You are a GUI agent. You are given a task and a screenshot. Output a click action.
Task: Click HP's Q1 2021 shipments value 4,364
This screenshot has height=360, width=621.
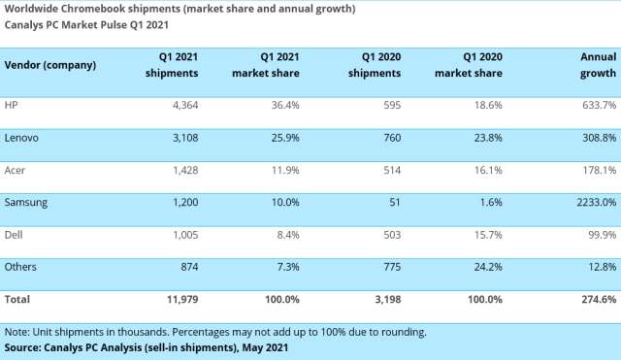pos(180,104)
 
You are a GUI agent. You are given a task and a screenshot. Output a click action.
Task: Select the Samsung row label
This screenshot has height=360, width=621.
pos(27,202)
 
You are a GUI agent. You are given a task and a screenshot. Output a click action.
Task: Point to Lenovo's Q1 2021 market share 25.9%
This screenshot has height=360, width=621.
pos(281,138)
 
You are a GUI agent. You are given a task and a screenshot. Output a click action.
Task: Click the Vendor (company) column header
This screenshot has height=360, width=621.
pos(50,65)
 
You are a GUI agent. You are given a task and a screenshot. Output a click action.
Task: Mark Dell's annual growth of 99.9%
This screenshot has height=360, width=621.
pos(600,234)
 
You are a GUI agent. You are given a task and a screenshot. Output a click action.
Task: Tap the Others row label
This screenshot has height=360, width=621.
pos(22,266)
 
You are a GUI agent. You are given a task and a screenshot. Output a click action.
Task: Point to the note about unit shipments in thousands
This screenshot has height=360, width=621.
pos(213,332)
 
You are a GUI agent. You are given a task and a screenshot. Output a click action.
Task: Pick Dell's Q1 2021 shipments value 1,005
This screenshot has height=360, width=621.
pos(180,234)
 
